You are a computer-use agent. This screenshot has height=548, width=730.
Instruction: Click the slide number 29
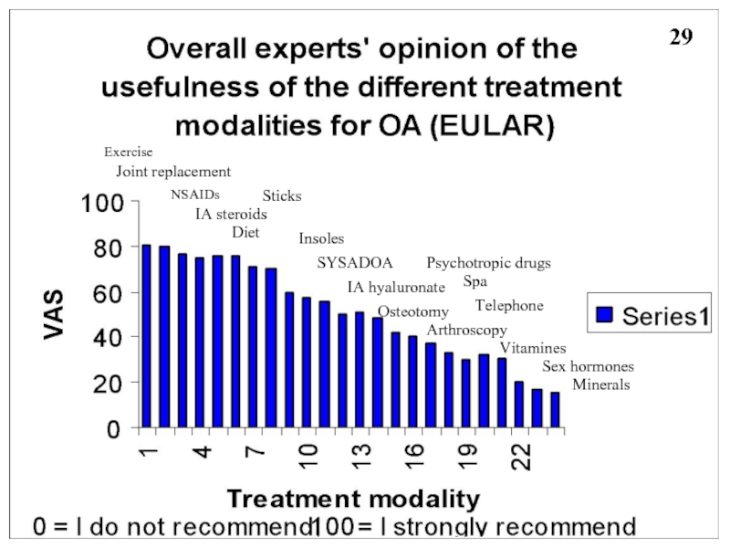(x=681, y=37)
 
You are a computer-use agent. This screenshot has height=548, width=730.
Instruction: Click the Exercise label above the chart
(x=128, y=152)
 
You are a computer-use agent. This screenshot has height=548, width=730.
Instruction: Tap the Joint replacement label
(x=173, y=172)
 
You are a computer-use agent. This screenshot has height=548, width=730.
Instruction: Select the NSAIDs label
(x=195, y=195)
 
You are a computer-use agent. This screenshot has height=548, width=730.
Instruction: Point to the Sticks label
(x=282, y=196)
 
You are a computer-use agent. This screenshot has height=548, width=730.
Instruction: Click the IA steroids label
(x=231, y=215)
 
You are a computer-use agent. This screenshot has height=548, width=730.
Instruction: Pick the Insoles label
(x=321, y=239)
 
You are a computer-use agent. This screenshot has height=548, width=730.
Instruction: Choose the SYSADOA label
(x=355, y=264)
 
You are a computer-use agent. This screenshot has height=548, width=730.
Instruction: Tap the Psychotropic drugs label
(x=488, y=264)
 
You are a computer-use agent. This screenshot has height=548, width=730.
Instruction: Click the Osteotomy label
(x=412, y=312)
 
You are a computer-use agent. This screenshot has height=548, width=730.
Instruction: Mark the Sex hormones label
(x=588, y=367)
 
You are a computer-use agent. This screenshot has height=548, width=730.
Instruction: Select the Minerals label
(x=601, y=385)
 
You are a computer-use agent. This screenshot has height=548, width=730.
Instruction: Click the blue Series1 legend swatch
(x=604, y=317)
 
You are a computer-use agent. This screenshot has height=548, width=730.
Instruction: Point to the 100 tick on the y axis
(x=103, y=204)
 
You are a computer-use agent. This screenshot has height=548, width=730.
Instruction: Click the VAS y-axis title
(x=57, y=314)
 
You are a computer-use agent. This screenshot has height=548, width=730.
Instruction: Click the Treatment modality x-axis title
(x=353, y=499)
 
